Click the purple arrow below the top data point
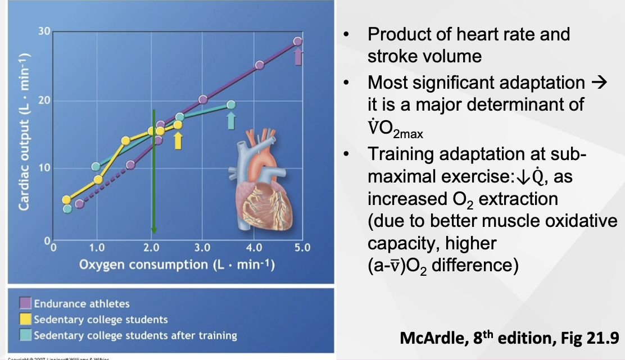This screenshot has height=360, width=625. click(298, 56)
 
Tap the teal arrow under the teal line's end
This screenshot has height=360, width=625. click(231, 120)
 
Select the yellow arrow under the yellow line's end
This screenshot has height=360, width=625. click(178, 140)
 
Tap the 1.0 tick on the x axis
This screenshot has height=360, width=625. click(97, 247)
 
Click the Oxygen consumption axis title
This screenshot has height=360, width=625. click(176, 265)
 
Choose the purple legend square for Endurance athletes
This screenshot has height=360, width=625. click(25, 304)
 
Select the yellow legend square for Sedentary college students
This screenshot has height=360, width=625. click(25, 320)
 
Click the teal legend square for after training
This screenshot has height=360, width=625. click(25, 335)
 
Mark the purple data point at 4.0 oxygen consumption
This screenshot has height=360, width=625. click(260, 65)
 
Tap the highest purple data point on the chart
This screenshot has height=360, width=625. click(298, 41)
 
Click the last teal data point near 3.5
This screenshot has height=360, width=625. click(231, 104)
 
